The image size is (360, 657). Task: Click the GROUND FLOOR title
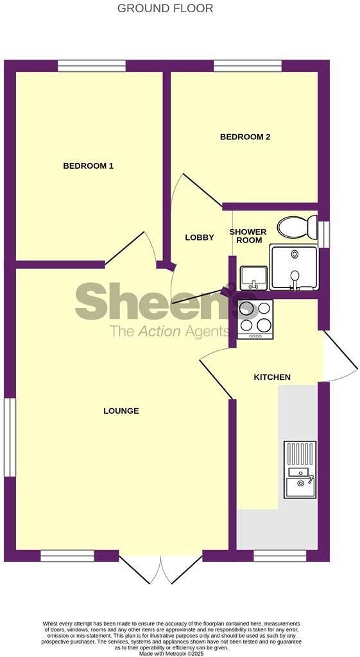pos(166,8)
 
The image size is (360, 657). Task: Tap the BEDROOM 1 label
pos(88,166)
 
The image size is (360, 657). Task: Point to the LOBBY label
pos(200,237)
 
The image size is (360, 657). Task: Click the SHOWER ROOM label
pos(248,236)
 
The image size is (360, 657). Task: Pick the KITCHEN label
pos(272,377)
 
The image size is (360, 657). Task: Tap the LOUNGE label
pos(121,411)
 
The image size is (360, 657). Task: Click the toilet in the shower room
pos(297,226)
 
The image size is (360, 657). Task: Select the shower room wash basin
pos(254,277)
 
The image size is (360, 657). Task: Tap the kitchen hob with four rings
pos(255,319)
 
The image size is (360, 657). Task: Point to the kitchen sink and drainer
pos(300,470)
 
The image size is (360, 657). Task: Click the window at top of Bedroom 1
pos(91,65)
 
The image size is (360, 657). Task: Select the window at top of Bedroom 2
pos(247,65)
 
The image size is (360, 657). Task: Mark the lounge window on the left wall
pos(10,437)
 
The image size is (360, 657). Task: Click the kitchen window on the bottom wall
pos(280,556)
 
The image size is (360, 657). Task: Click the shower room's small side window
pos(325,234)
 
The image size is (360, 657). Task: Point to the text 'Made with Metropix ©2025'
pos(171,653)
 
